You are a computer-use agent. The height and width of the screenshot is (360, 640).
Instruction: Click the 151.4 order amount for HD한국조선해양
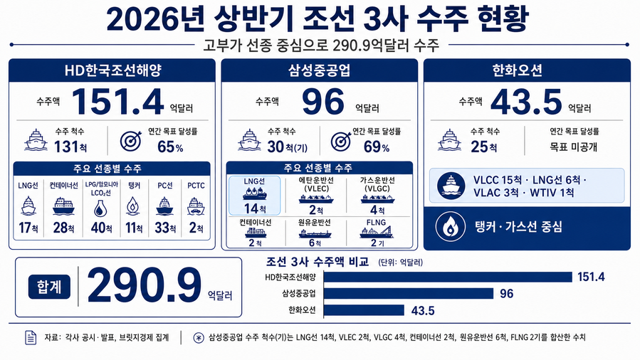pyautogui.click(x=117, y=102)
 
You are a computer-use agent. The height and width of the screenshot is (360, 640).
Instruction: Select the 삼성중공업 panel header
pyautogui.click(x=319, y=70)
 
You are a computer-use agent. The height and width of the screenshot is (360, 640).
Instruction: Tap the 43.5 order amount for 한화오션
pyautogui.click(x=526, y=102)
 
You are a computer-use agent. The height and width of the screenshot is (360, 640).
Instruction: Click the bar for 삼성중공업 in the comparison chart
pyautogui.click(x=409, y=294)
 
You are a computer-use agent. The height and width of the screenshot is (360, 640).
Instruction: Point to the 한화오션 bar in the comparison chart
pyautogui.click(x=364, y=310)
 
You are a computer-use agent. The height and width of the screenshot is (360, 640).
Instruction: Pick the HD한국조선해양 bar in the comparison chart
pyautogui.click(x=448, y=277)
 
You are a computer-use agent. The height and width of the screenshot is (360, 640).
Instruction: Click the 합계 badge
pyautogui.click(x=49, y=287)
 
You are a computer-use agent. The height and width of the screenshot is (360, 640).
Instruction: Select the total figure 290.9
pyautogui.click(x=145, y=286)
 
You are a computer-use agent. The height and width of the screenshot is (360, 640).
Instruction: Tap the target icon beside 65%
pyautogui.click(x=131, y=141)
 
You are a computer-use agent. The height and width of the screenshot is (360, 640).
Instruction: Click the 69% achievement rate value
pyautogui.click(x=377, y=147)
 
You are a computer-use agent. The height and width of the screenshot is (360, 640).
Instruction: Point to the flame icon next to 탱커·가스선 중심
pyautogui.click(x=450, y=226)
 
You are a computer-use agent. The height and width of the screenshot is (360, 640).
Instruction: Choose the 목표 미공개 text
pyautogui.click(x=574, y=147)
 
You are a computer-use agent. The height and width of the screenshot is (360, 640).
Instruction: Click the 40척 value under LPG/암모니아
pyautogui.click(x=101, y=228)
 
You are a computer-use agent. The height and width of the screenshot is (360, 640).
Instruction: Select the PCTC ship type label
pyautogui.click(x=196, y=186)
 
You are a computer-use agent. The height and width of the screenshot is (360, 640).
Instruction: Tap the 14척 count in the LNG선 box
pyautogui.click(x=255, y=208)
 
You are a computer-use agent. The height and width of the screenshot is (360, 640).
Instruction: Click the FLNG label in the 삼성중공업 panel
pyautogui.click(x=376, y=223)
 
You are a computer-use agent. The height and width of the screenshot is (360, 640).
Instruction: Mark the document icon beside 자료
pyautogui.click(x=31, y=337)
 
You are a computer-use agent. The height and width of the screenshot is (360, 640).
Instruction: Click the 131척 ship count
pyautogui.click(x=70, y=147)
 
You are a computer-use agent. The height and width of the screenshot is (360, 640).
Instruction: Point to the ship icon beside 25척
pyautogui.click(x=449, y=140)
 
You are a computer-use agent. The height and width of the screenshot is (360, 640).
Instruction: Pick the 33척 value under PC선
pyautogui.click(x=165, y=228)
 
